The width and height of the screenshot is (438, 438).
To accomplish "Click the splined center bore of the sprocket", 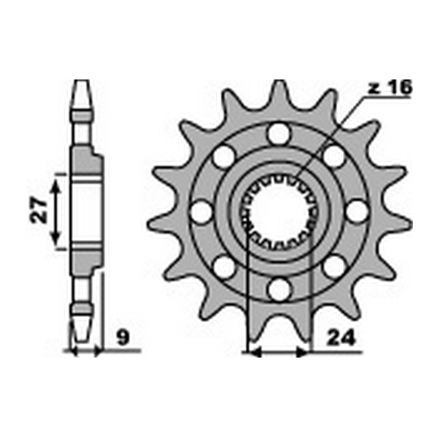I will (x=279, y=210).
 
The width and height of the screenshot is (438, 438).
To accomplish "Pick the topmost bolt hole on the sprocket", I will (x=279, y=132).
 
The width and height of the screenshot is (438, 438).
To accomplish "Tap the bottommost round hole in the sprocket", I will (x=279, y=288).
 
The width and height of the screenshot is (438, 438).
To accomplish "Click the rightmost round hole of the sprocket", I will (x=357, y=210).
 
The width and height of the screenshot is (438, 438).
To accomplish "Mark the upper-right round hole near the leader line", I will (x=334, y=155).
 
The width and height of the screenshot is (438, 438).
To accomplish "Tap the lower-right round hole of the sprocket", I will (x=334, y=265).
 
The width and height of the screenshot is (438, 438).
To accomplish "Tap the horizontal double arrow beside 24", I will (x=279, y=354).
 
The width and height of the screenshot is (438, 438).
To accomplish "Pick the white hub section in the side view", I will (x=81, y=210).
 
